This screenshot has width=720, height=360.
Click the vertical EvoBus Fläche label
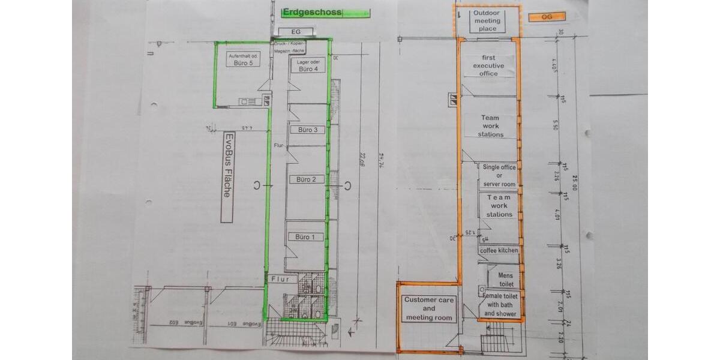point(227,178)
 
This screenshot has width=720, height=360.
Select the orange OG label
point(547,17)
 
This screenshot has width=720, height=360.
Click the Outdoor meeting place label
point(487,21)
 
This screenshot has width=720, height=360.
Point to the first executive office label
point(488,65)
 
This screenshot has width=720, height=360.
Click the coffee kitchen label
point(499,250)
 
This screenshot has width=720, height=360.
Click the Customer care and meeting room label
point(428,308)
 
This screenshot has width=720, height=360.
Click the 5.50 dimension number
point(555,127)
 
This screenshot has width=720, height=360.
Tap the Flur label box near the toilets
point(281,279)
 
